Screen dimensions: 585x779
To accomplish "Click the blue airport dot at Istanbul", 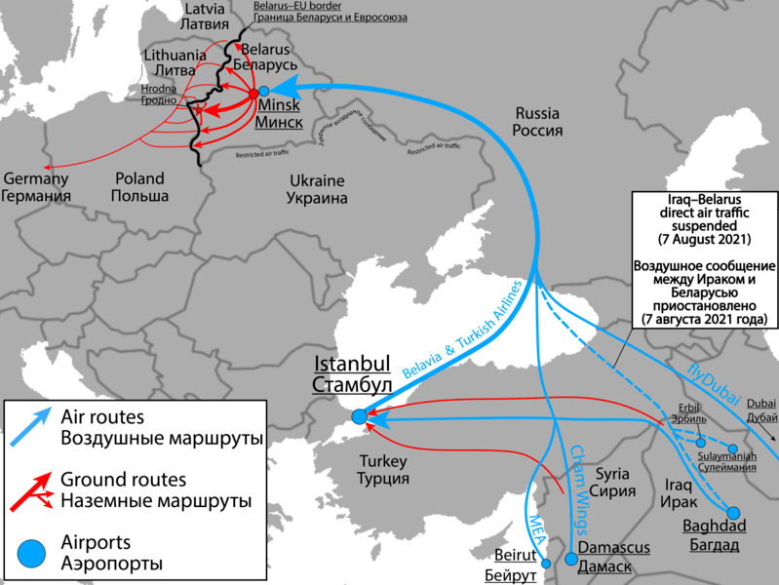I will point(359,416).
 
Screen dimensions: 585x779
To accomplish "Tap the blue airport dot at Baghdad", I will point(732,512).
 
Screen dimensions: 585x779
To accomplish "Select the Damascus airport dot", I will point(571,559).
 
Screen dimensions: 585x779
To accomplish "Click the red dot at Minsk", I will point(253,93).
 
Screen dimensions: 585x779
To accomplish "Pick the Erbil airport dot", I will point(700,443).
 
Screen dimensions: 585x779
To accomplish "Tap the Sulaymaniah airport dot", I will point(733,448).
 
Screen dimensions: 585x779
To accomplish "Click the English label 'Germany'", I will point(37,179).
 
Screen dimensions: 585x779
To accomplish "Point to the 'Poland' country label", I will point(140,179).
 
